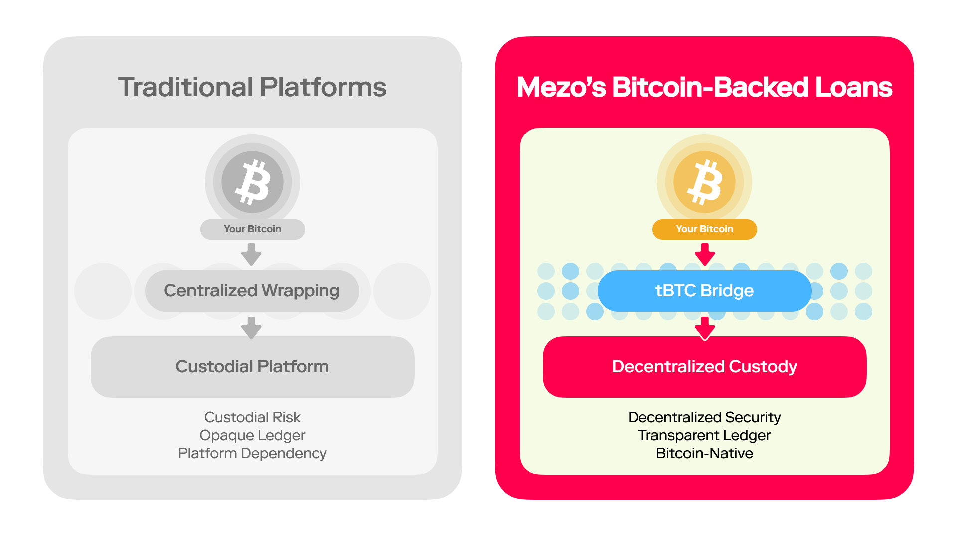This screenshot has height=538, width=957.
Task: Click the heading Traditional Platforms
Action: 252,87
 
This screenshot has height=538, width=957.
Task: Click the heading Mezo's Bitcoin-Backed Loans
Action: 704,87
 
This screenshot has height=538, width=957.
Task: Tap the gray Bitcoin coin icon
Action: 252,182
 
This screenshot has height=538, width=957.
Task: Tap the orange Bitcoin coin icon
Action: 704,182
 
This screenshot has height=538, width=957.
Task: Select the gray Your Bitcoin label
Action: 252,229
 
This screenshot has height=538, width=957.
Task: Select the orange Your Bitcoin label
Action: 704,229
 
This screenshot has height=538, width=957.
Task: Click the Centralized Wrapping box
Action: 252,291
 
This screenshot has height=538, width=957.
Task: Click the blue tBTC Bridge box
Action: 704,291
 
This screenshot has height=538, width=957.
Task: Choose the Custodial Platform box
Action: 252,367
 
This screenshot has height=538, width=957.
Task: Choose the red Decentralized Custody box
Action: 704,367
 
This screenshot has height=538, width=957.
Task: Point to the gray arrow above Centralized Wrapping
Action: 251,254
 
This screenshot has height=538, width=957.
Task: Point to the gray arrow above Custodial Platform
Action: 251,328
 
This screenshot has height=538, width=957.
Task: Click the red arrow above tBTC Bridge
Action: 705,254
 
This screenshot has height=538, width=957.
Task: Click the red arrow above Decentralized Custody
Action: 705,328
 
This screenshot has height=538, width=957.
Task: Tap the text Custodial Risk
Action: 252,417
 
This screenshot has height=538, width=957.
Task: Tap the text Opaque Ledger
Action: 252,436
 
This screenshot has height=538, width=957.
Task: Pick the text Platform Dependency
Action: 252,454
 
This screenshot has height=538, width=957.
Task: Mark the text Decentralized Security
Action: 704,417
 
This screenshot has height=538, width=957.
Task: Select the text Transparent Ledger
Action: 704,436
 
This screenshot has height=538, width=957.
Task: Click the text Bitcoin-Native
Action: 704,453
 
